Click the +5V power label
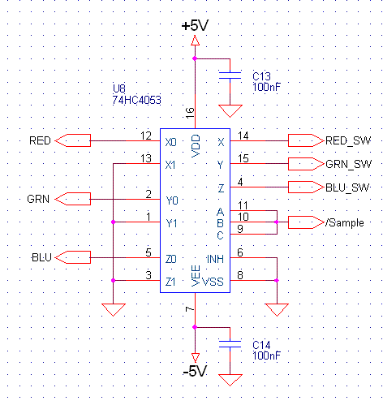pyautogui.click(x=195, y=26)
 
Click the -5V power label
pyautogui.click(x=195, y=371)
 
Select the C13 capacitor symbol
pyautogui.click(x=230, y=75)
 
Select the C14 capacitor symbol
pyautogui.click(x=230, y=344)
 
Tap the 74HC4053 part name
pyautogui.click(x=136, y=100)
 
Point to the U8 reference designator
pyautogui.click(x=119, y=88)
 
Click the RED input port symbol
pyautogui.click(x=73, y=140)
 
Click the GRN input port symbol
pyautogui.click(x=73, y=199)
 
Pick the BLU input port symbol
pyautogui.click(x=73, y=257)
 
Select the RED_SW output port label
pyautogui.click(x=348, y=140)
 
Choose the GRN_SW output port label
pyautogui.click(x=348, y=164)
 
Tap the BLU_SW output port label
pyautogui.click(x=347, y=187)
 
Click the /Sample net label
pyautogui.click(x=345, y=222)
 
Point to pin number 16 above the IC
pyautogui.click(x=190, y=113)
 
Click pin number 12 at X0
pyautogui.click(x=146, y=136)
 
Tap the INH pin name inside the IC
pyautogui.click(x=215, y=259)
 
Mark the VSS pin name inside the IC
pyautogui.click(x=213, y=282)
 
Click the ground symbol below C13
pyautogui.click(x=230, y=111)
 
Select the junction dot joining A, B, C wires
pyautogui.click(x=277, y=222)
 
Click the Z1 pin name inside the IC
pyautogui.click(x=170, y=282)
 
